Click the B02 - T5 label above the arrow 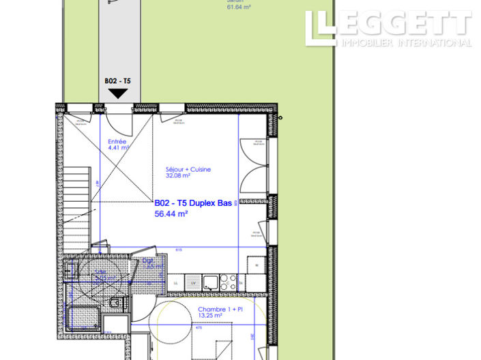(x=117, y=80)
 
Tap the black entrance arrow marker (x=117, y=93)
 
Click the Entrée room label (x=117, y=141)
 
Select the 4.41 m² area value (x=118, y=147)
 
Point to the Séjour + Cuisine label (x=188, y=169)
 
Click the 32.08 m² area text (x=177, y=175)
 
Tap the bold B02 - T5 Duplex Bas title (x=193, y=203)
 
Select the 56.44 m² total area (x=171, y=213)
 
